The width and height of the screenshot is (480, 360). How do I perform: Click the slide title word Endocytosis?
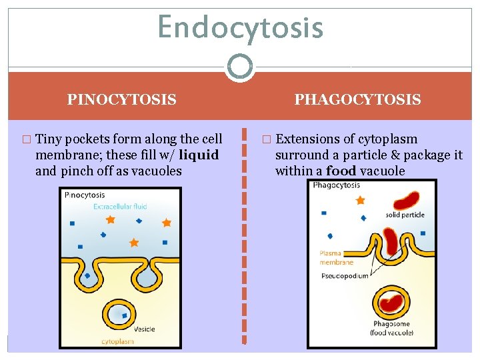pyautogui.click(x=240, y=28)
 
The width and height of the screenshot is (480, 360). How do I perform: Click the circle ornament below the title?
pyautogui.click(x=240, y=67)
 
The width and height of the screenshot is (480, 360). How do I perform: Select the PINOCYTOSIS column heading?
pyautogui.click(x=121, y=100)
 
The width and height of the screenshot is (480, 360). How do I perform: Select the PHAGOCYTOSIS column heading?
pyautogui.click(x=357, y=100)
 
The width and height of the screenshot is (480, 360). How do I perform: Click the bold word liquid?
pyautogui.click(x=199, y=155)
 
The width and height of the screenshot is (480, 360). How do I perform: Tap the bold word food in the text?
pyautogui.click(x=341, y=171)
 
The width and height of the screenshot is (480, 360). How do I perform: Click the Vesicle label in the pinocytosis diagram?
pyautogui.click(x=145, y=329)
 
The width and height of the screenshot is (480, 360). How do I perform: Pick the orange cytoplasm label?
pyautogui.click(x=118, y=341)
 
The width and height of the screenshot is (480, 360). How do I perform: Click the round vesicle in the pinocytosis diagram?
pyautogui.click(x=119, y=313)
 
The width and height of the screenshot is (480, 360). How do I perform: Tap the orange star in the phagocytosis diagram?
pyautogui.click(x=361, y=200)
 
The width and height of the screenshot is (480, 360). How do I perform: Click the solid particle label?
pyautogui.click(x=405, y=215)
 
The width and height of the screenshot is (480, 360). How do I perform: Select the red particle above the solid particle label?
pyautogui.click(x=407, y=199)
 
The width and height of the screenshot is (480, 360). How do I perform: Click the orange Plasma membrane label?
pyautogui.click(x=336, y=258)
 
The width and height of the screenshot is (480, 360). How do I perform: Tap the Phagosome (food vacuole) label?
pyautogui.click(x=392, y=328)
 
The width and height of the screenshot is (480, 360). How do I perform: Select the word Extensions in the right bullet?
pyautogui.click(x=307, y=139)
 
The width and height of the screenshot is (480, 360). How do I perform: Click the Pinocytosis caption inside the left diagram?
pyautogui.click(x=85, y=195)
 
